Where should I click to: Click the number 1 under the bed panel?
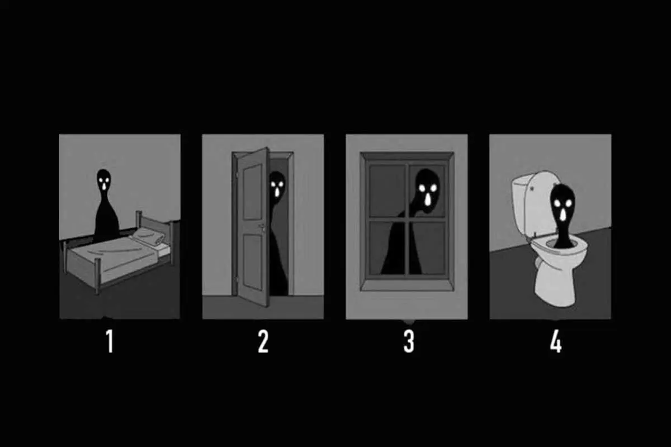(x=110, y=341)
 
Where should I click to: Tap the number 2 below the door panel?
(x=263, y=341)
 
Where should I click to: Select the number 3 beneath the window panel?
(x=409, y=341)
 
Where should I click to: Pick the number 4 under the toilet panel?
(x=556, y=341)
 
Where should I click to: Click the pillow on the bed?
(x=149, y=236)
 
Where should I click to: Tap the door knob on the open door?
(x=262, y=227)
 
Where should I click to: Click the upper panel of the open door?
(x=253, y=192)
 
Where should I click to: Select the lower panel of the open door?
(x=253, y=262)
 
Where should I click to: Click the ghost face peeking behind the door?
(x=277, y=187)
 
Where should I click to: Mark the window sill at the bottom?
(x=407, y=285)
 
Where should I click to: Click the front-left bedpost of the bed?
(x=97, y=276)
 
